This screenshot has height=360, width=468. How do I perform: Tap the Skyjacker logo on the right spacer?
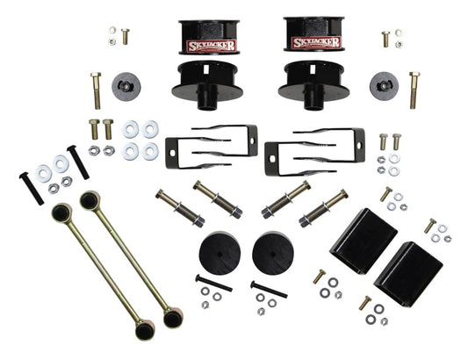[x=313, y=44]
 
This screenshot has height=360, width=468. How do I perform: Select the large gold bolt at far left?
[x=96, y=90]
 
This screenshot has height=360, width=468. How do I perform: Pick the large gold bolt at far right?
[x=414, y=90]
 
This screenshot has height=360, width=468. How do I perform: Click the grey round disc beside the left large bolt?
[x=127, y=87]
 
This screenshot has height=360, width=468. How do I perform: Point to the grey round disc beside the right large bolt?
[x=384, y=86]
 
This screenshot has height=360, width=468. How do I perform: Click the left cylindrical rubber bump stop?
[x=220, y=252]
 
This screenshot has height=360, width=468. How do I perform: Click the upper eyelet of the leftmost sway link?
[x=61, y=212]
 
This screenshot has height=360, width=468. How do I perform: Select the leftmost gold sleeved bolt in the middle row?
[x=178, y=207]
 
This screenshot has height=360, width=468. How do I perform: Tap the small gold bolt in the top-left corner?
[x=125, y=37]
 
